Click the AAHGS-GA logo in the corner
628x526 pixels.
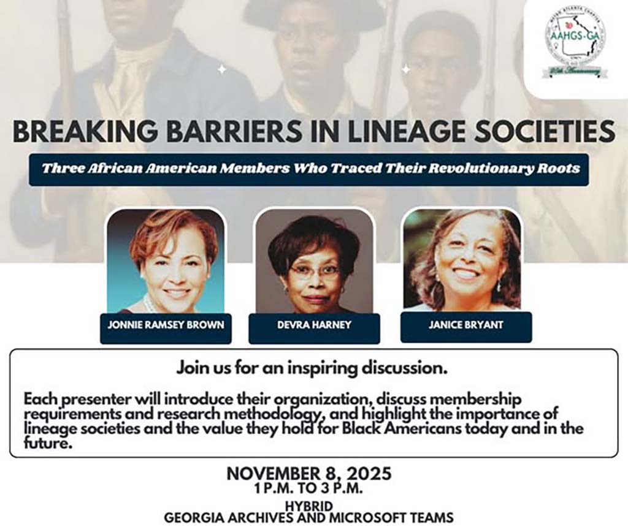575,42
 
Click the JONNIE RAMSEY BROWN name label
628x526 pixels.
166,325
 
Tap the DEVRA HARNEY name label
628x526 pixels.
314,325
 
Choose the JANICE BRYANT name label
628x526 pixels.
465,325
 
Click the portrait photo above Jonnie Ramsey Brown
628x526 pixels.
166,261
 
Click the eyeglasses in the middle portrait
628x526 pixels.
314,272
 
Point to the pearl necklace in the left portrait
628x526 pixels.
149,304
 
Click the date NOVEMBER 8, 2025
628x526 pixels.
308,474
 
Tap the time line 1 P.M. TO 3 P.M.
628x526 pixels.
308,489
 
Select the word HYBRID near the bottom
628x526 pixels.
308,506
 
